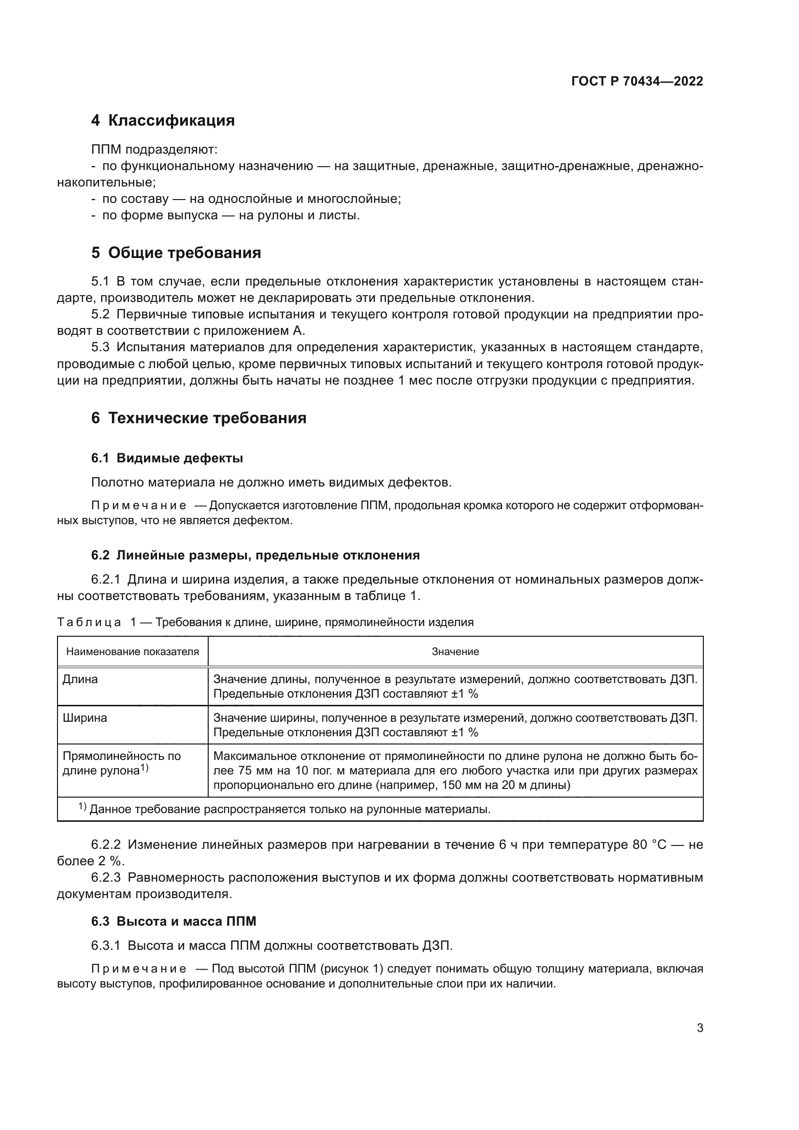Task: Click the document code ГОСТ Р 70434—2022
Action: [x=637, y=81]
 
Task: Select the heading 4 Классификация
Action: [x=163, y=121]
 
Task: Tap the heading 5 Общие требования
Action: [x=176, y=253]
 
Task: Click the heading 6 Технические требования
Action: [x=199, y=418]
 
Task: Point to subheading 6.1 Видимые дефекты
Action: [x=167, y=458]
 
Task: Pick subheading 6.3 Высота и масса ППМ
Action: [x=174, y=921]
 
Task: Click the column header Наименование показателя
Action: [x=132, y=652]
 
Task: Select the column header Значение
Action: [x=455, y=652]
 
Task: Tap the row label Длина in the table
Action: [x=80, y=679]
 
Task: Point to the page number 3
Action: [x=699, y=1028]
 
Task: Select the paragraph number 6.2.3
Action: [x=106, y=877]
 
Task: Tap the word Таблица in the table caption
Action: [x=89, y=622]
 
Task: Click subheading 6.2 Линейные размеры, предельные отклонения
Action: [x=256, y=555]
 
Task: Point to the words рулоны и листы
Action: [x=299, y=215]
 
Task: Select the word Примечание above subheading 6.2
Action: [x=139, y=505]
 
